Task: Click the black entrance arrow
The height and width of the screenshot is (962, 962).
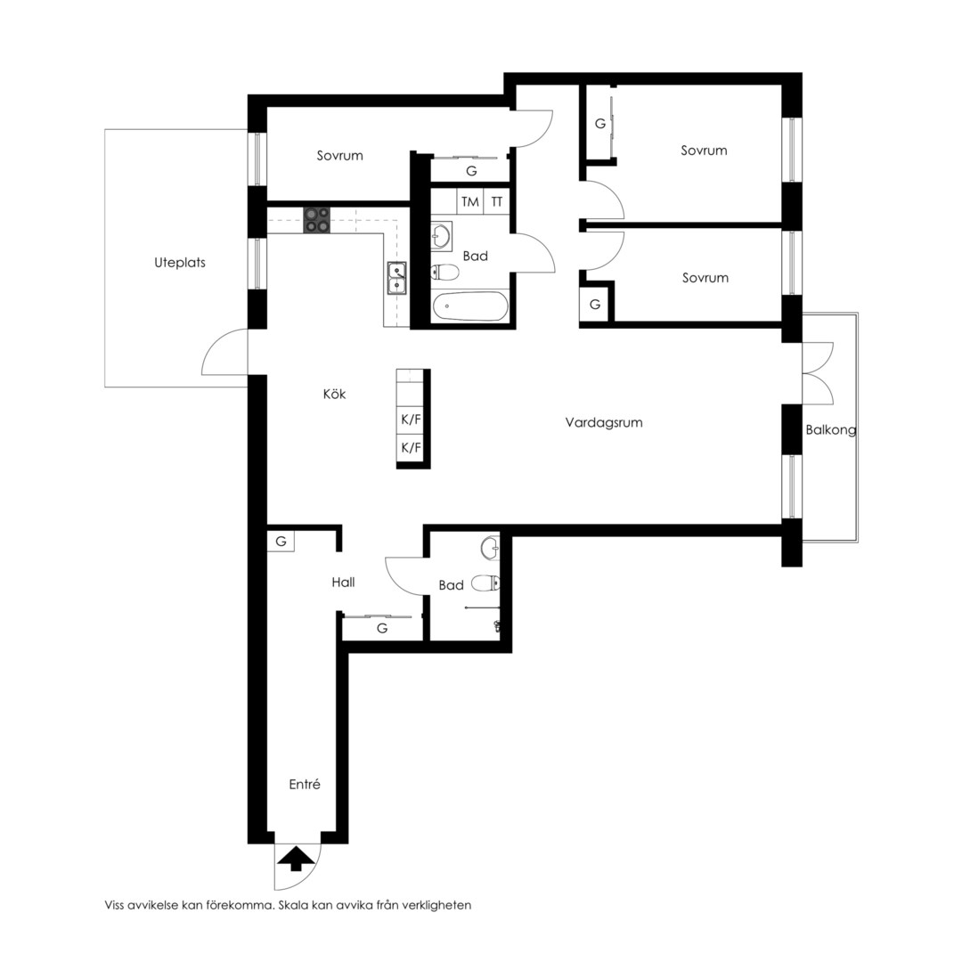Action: (295, 858)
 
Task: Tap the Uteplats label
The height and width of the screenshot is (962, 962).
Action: (180, 263)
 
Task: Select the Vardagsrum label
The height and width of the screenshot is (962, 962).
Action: (604, 423)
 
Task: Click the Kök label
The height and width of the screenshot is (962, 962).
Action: (334, 394)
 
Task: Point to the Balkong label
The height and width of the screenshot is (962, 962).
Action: (831, 429)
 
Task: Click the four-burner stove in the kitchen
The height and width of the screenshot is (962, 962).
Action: (316, 220)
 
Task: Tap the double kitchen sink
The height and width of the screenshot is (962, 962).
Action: (397, 279)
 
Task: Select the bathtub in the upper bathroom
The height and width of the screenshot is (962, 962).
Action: (470, 306)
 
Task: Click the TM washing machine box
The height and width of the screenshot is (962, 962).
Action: (470, 201)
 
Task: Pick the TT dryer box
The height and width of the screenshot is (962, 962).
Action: (497, 201)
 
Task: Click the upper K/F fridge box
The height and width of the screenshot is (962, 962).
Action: (411, 420)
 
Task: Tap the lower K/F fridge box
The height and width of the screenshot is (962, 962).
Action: (411, 448)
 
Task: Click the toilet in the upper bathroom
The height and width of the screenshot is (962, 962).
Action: (444, 272)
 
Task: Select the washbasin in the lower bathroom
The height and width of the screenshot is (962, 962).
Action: (491, 548)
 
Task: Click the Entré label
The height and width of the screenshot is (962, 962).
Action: (305, 784)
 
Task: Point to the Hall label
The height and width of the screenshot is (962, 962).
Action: (343, 583)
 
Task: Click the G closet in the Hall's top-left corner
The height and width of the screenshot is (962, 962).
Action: (281, 542)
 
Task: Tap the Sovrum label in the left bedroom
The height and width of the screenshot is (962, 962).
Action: (340, 156)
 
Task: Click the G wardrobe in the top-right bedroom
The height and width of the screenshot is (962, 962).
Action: (599, 123)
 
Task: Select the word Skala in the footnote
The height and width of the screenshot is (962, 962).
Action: (295, 905)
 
